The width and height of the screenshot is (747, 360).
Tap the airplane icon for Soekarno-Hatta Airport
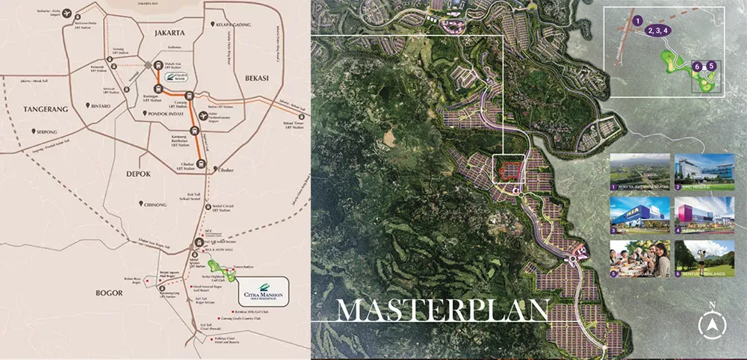tap(69, 13)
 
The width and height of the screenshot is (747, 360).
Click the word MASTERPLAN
tap(443, 309)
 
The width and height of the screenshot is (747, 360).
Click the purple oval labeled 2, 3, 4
tap(660, 31)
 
